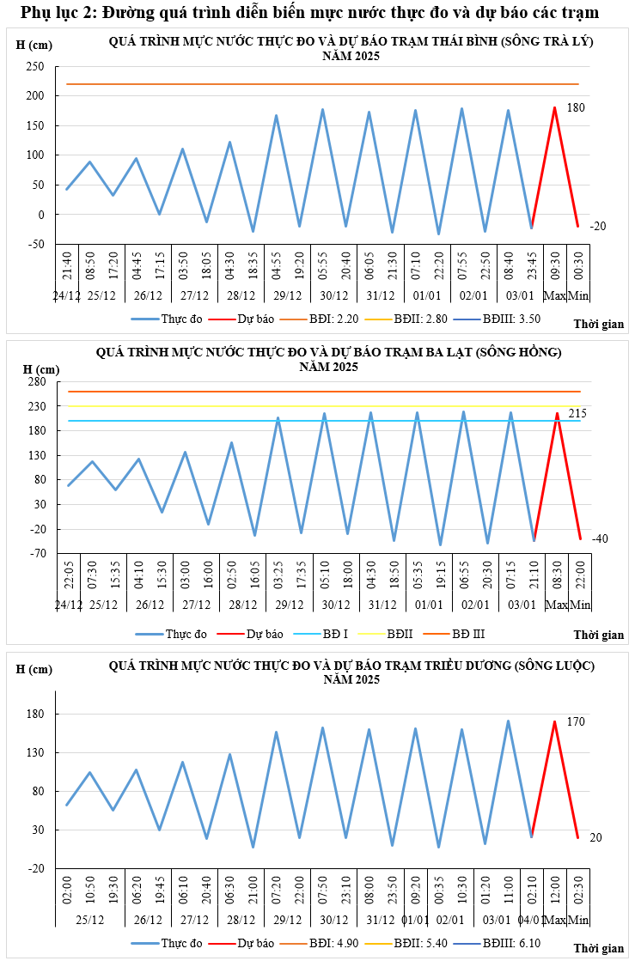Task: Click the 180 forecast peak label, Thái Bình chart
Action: [576, 107]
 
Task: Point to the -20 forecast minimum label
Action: [598, 226]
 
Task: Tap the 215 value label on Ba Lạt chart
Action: [577, 414]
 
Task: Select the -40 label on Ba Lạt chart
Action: [600, 538]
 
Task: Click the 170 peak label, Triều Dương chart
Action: [576, 722]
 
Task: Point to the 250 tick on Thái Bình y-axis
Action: [35, 67]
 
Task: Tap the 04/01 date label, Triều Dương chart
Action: [532, 920]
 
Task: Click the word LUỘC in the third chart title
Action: [569, 666]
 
